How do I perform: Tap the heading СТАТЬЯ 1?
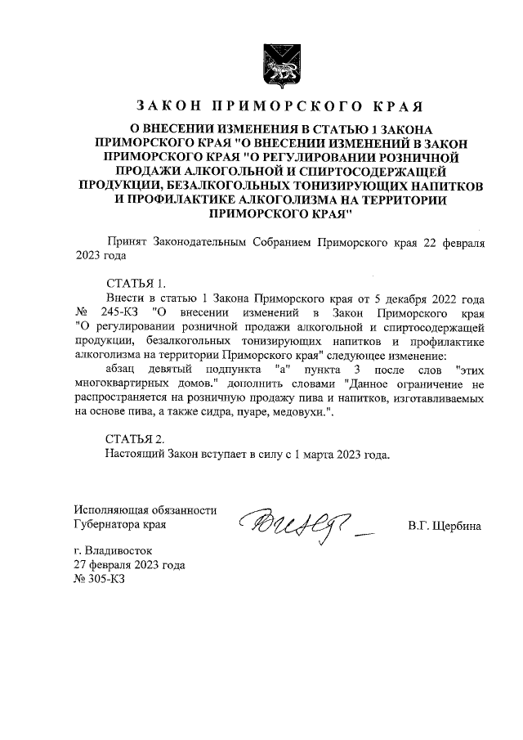coord(136,284)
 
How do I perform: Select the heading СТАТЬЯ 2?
coord(136,438)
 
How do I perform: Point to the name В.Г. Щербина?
coord(445,525)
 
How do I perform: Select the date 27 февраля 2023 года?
coord(129,565)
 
